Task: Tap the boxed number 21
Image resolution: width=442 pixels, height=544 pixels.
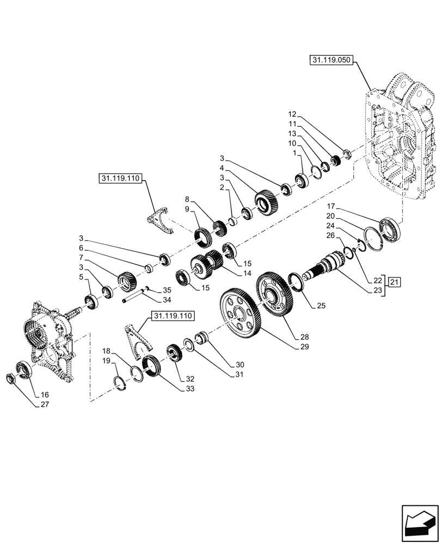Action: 395,281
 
